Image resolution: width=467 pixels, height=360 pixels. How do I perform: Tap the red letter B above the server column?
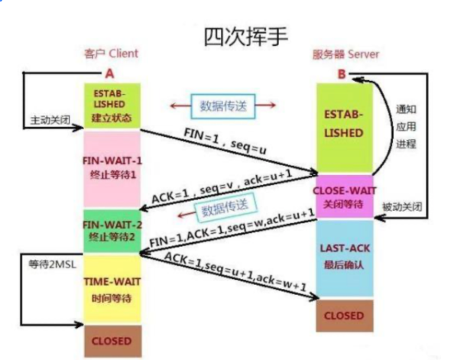(x=342, y=74)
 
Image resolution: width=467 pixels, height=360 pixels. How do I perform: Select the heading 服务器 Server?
(x=345, y=55)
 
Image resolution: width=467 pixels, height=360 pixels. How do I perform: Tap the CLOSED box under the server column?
(x=344, y=315)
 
